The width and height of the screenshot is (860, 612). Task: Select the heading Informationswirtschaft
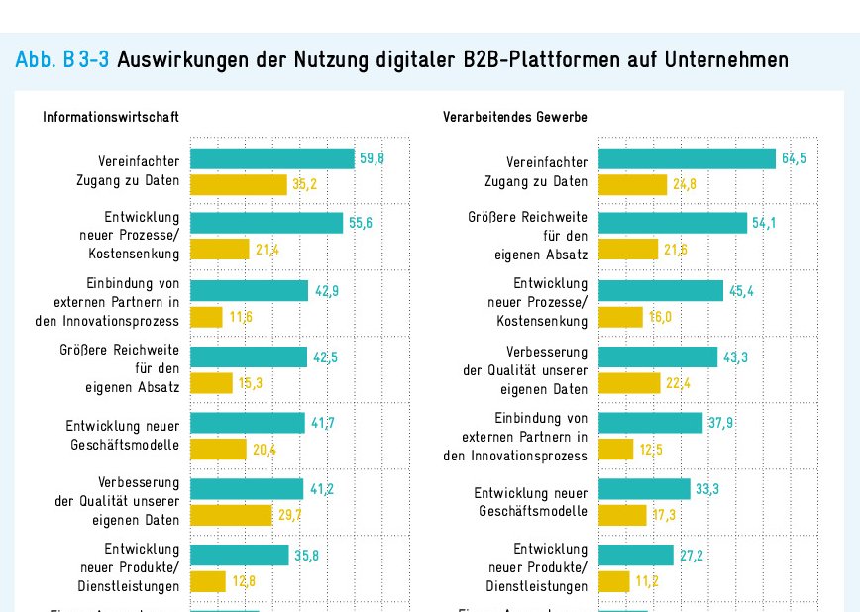click(111, 117)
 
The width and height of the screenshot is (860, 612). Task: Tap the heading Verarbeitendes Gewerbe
click(515, 117)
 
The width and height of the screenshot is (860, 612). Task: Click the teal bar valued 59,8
click(271, 158)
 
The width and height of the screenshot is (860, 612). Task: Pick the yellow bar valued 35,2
click(239, 184)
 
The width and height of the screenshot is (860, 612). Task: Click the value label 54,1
click(764, 224)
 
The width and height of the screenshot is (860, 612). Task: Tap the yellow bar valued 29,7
click(231, 515)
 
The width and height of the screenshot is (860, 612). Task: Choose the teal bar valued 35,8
click(239, 555)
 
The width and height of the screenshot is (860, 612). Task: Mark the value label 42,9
click(327, 290)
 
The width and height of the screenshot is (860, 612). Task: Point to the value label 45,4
click(740, 290)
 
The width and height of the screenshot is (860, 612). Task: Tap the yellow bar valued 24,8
click(633, 184)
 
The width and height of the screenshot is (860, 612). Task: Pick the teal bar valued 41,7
click(248, 423)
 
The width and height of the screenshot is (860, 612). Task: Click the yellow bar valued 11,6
click(206, 317)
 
